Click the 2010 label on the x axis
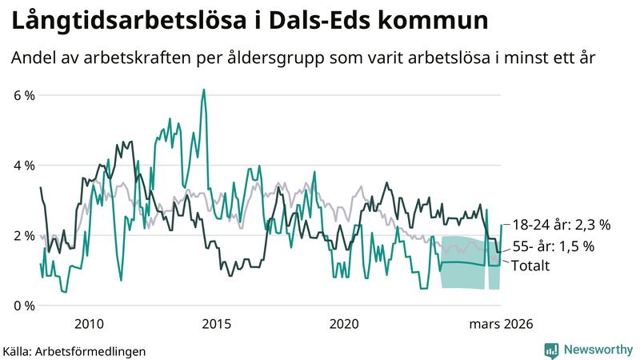coord(89,324)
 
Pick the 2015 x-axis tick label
coord(216,324)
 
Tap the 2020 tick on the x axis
coord(344,324)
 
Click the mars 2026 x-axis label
coord(501,324)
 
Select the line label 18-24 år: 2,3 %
coord(562,225)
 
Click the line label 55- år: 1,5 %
coord(553,247)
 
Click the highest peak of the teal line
coord(204,90)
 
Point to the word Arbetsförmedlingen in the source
coord(95,350)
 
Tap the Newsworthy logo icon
coord(551,350)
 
